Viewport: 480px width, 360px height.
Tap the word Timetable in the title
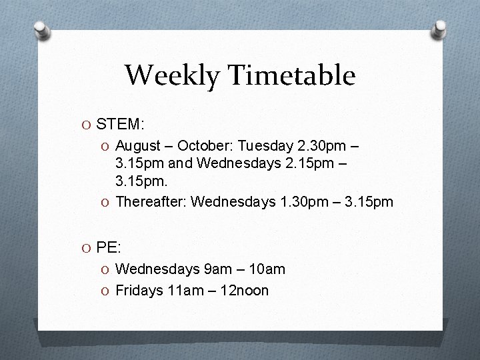point(293,75)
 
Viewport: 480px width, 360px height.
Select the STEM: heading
point(121,124)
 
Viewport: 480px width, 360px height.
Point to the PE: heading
point(109,248)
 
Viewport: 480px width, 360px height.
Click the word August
point(138,145)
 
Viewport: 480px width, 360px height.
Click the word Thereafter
point(151,202)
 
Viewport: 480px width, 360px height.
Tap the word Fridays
point(139,290)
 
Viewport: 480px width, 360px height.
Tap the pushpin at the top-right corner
point(439,28)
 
